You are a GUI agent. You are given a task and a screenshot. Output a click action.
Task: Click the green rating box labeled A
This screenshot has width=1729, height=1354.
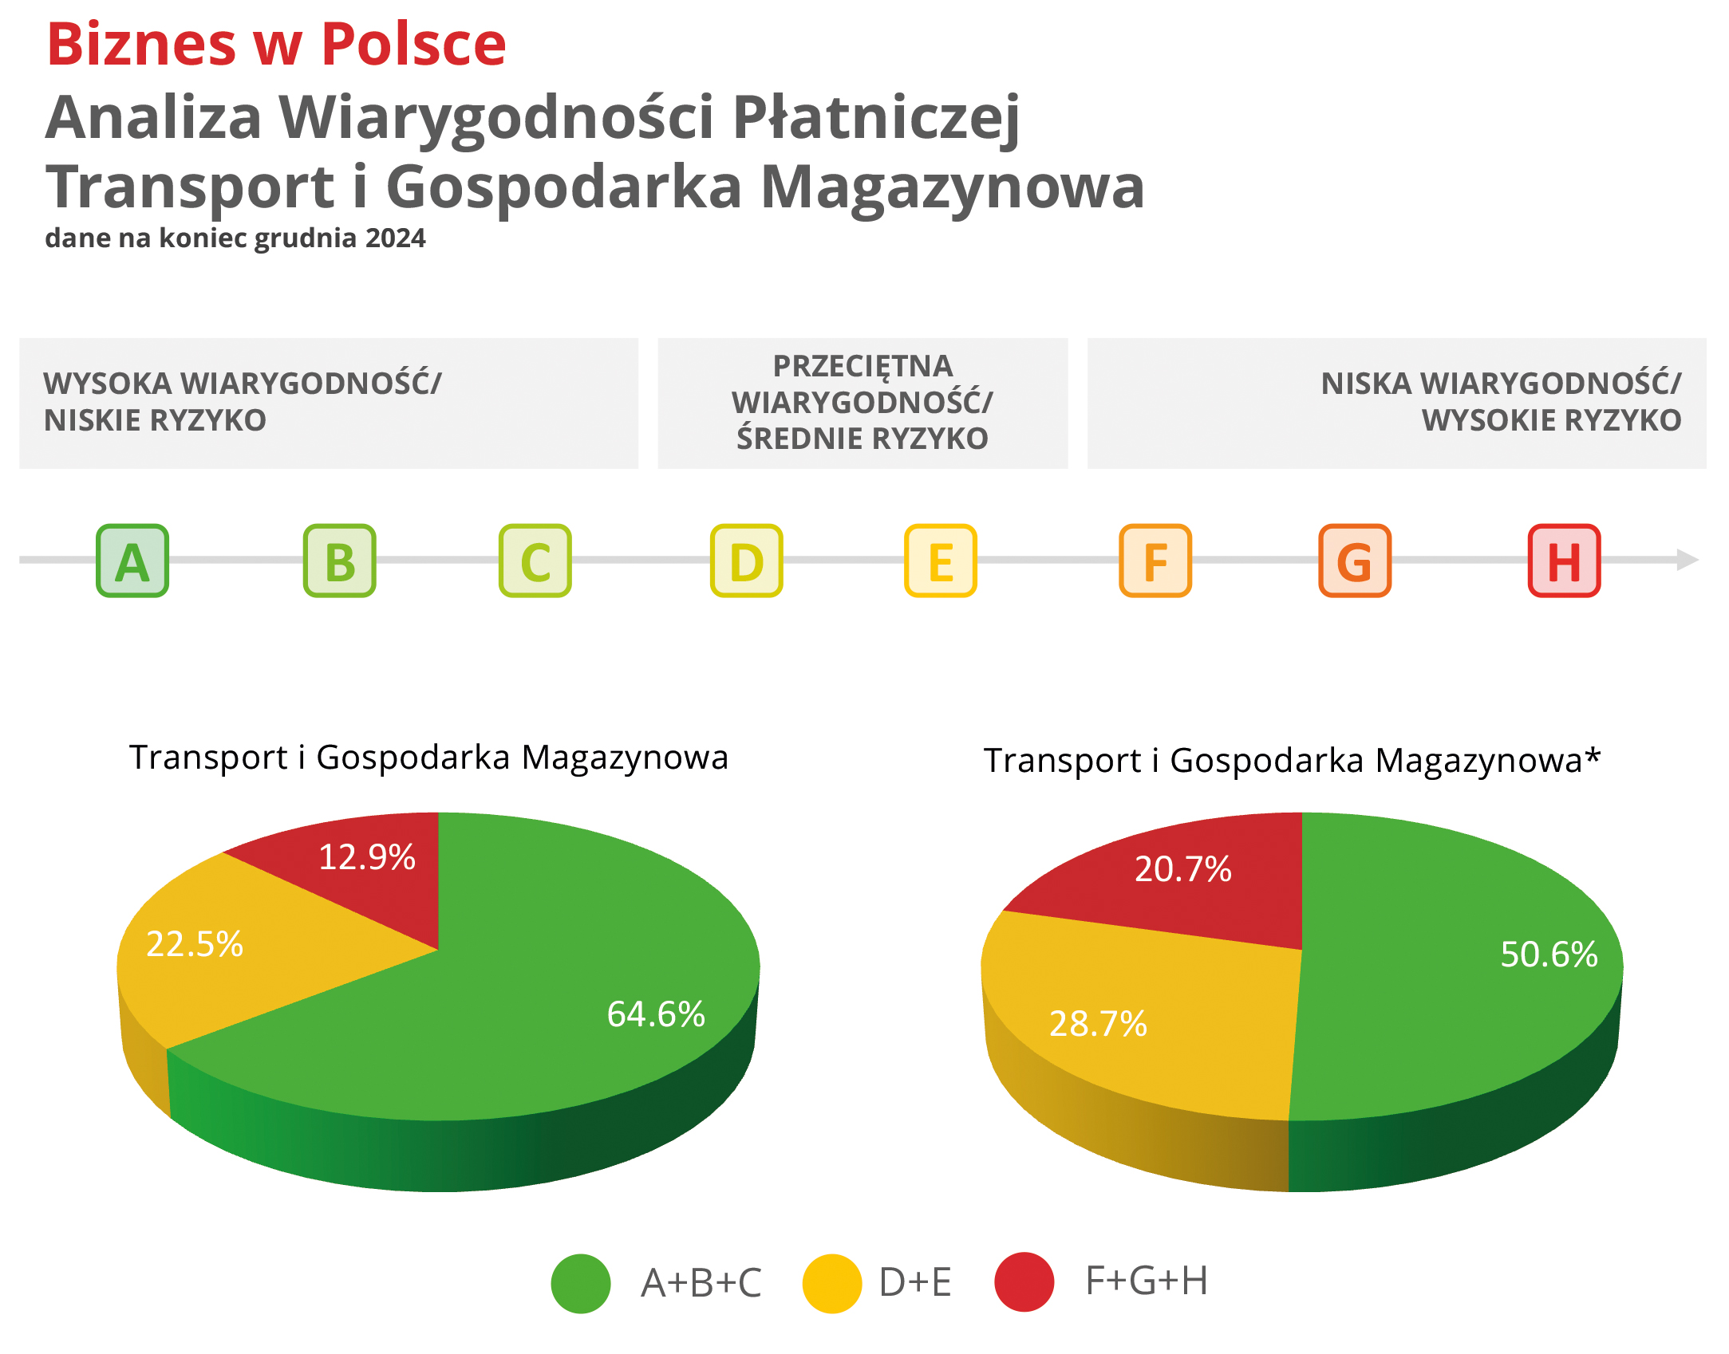point(132,561)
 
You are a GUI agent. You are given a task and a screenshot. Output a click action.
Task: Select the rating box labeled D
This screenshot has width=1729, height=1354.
point(747,561)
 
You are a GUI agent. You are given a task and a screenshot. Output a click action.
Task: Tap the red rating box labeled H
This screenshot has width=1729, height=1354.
point(1565,561)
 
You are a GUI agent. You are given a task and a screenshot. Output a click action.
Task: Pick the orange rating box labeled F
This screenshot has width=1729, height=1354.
point(1155,561)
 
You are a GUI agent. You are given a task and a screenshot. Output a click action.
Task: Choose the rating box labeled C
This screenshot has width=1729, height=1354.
point(535,561)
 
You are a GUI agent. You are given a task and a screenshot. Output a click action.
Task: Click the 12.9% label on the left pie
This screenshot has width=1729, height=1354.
point(367,857)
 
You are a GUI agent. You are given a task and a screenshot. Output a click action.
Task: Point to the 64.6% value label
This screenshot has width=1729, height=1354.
point(656,1014)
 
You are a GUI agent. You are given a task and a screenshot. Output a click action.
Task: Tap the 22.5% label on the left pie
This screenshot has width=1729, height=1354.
point(195,944)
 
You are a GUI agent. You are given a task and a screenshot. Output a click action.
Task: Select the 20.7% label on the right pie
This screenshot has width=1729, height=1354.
point(1183,869)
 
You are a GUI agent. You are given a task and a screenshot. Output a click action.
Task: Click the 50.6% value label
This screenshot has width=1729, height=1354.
point(1549,954)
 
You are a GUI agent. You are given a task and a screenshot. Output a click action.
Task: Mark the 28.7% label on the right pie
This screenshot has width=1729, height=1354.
point(1098,1024)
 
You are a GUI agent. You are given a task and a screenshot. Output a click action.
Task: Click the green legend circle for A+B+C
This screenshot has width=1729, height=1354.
point(581,1283)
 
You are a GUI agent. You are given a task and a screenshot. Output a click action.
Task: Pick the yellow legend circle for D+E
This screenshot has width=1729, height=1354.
point(832,1283)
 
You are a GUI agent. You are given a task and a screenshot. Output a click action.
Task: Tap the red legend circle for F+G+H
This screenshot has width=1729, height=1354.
point(1024,1281)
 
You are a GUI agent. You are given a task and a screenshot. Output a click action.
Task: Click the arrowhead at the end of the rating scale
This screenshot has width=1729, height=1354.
point(1688,560)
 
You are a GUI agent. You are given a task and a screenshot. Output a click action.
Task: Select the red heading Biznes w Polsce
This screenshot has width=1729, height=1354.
point(277,43)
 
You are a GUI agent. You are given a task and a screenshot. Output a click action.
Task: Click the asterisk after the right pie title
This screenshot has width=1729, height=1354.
point(1593,754)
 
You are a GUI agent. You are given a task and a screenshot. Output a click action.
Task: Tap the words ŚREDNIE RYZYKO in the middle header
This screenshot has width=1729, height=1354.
point(863,438)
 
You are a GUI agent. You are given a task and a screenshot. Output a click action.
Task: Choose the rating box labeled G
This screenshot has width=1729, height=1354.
point(1355,561)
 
